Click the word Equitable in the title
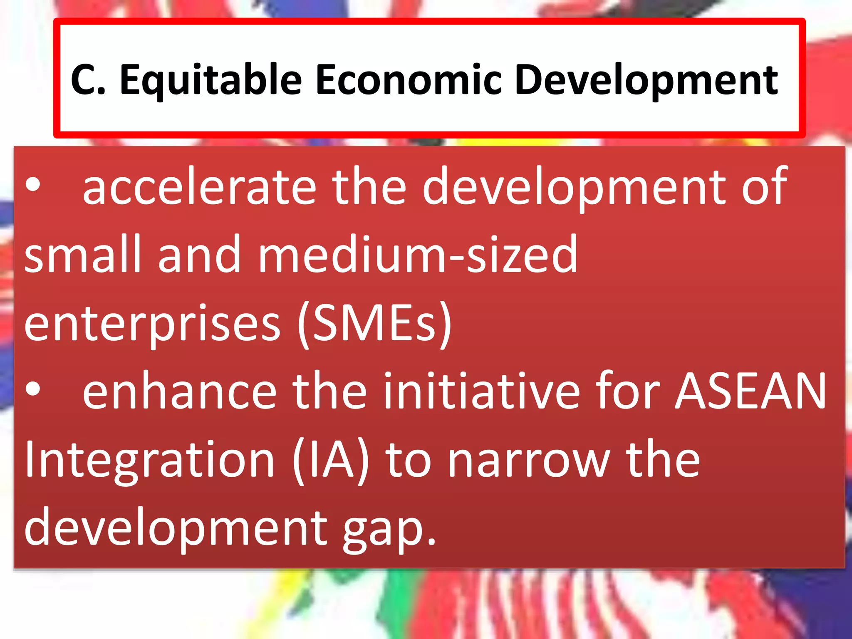(x=211, y=80)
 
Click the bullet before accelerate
(x=33, y=186)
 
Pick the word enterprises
(x=152, y=323)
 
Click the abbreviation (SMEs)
(x=374, y=323)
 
